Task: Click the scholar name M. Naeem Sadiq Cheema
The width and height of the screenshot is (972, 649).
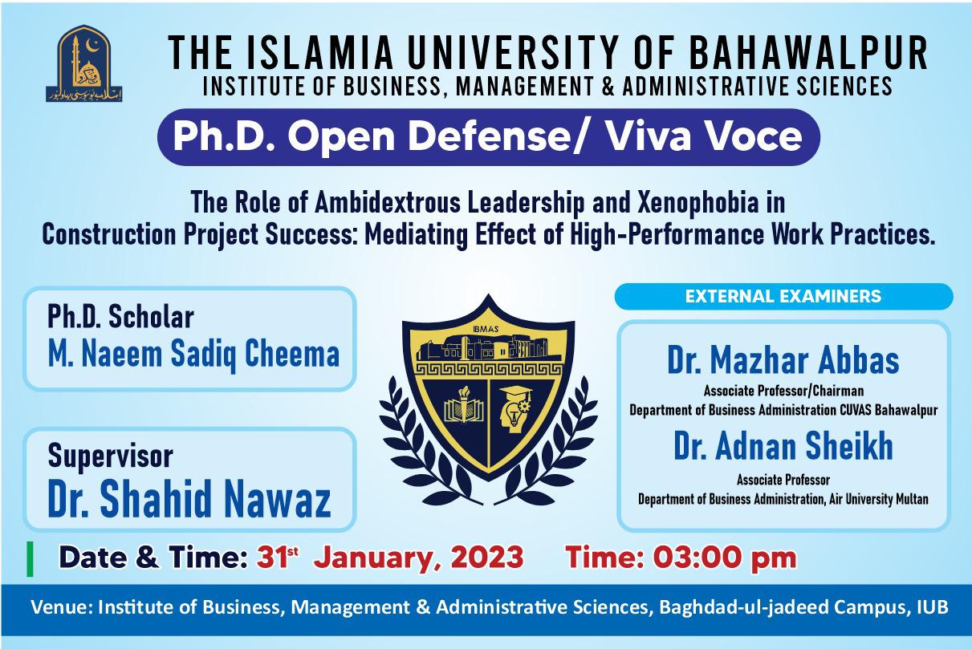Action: (193, 353)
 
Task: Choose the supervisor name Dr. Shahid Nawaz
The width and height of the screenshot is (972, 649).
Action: (189, 499)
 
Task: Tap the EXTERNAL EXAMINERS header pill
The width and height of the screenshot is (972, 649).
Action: (783, 297)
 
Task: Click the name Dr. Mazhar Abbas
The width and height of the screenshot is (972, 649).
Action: (783, 361)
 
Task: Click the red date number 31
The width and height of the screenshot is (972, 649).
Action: (271, 558)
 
